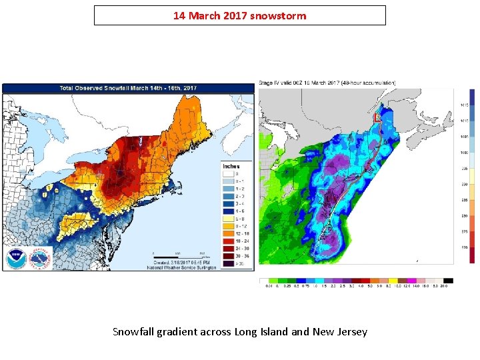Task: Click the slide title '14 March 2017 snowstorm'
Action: pyautogui.click(x=239, y=15)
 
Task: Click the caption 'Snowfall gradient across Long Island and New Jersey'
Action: pyautogui.click(x=239, y=331)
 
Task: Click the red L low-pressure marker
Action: pyautogui.click(x=377, y=117)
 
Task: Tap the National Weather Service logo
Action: pyautogui.click(x=40, y=258)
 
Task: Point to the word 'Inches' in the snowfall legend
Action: pyautogui.click(x=231, y=166)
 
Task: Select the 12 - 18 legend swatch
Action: pyautogui.click(x=227, y=233)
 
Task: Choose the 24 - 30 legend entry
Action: pyautogui.click(x=227, y=248)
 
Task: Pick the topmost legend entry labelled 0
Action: pyautogui.click(x=227, y=174)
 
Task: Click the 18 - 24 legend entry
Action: pyautogui.click(x=227, y=241)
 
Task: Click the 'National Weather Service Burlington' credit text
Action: pyautogui.click(x=182, y=267)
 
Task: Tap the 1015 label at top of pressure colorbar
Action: pyautogui.click(x=464, y=105)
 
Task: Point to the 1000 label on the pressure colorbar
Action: pyautogui.click(x=464, y=153)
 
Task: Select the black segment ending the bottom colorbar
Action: pyautogui.click(x=449, y=281)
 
